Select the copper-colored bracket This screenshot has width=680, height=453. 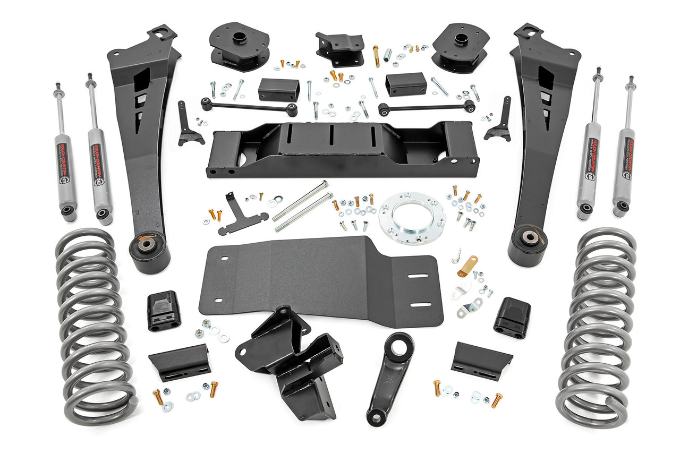(468, 266)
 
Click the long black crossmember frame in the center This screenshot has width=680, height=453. (342, 149)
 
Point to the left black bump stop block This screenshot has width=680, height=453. (163, 311)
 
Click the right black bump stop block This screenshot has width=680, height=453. (512, 317)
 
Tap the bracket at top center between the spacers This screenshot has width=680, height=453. (339, 47)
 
